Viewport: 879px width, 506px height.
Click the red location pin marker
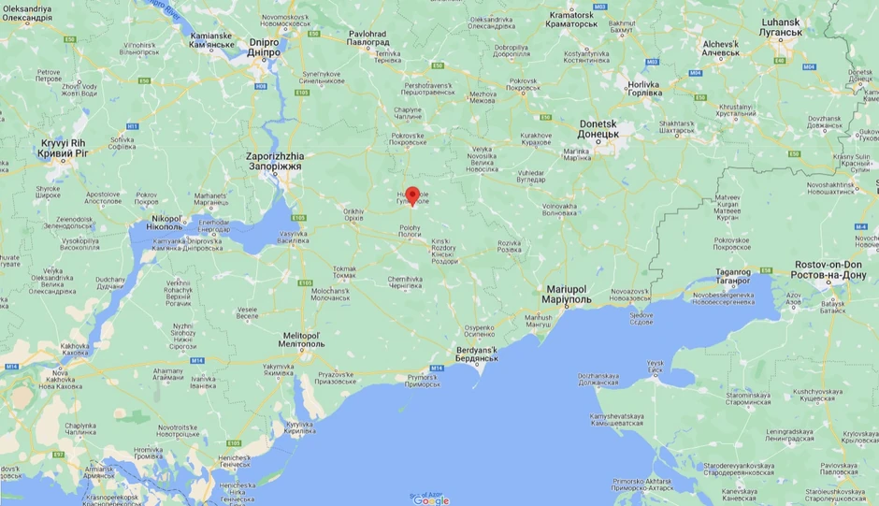click(411, 195)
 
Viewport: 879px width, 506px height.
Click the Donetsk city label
click(598, 128)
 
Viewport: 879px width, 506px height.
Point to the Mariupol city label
click(566, 295)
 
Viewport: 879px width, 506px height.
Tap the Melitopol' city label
click(304, 339)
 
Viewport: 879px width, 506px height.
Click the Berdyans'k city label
click(478, 354)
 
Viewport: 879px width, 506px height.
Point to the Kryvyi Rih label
click(64, 147)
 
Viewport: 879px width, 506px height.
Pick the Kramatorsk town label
click(573, 19)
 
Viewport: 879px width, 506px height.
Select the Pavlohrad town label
click(367, 38)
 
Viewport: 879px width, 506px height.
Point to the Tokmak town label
click(344, 271)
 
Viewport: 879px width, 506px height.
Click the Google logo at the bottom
click(431, 500)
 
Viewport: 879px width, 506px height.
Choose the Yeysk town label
click(655, 366)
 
